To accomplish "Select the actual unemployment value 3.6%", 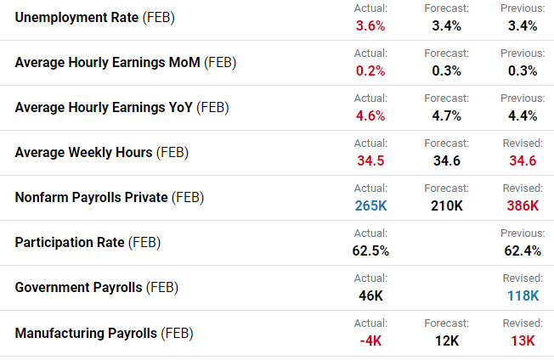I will tap(370, 25).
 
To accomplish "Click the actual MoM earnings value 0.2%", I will tap(370, 70).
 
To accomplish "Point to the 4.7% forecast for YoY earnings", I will tap(446, 115).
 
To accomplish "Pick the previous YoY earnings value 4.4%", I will tap(523, 115).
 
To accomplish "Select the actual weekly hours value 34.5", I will tap(370, 160).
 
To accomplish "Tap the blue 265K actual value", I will tap(370, 205).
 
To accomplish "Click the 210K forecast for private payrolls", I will tap(446, 205).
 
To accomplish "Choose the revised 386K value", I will tap(523, 205).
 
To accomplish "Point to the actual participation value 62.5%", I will tap(370, 250).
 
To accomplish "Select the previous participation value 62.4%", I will tap(523, 250).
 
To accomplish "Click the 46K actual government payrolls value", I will tap(370, 295).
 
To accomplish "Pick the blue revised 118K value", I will tap(523, 295).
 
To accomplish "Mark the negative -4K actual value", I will tap(370, 340).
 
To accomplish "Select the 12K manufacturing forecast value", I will tap(446, 340).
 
